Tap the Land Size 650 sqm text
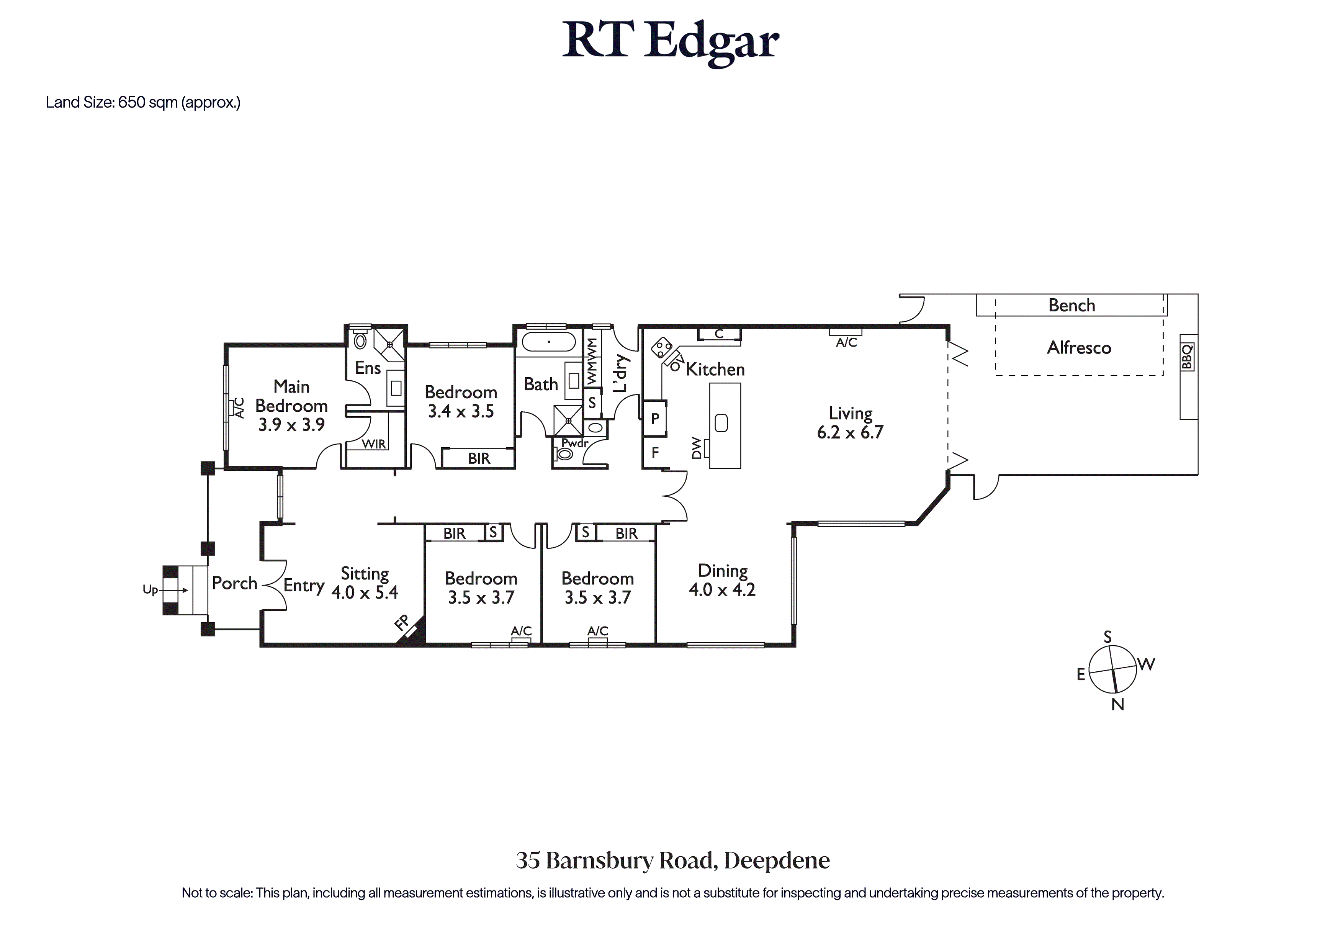tap(143, 102)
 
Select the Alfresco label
tap(1079, 347)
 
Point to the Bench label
tap(1071, 305)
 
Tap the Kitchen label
tap(715, 369)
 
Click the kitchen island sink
tap(721, 423)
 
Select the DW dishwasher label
tap(696, 448)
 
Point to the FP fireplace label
tap(402, 623)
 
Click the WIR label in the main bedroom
tap(374, 444)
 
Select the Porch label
tap(235, 583)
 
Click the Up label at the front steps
tap(150, 590)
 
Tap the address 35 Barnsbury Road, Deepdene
tap(673, 861)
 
